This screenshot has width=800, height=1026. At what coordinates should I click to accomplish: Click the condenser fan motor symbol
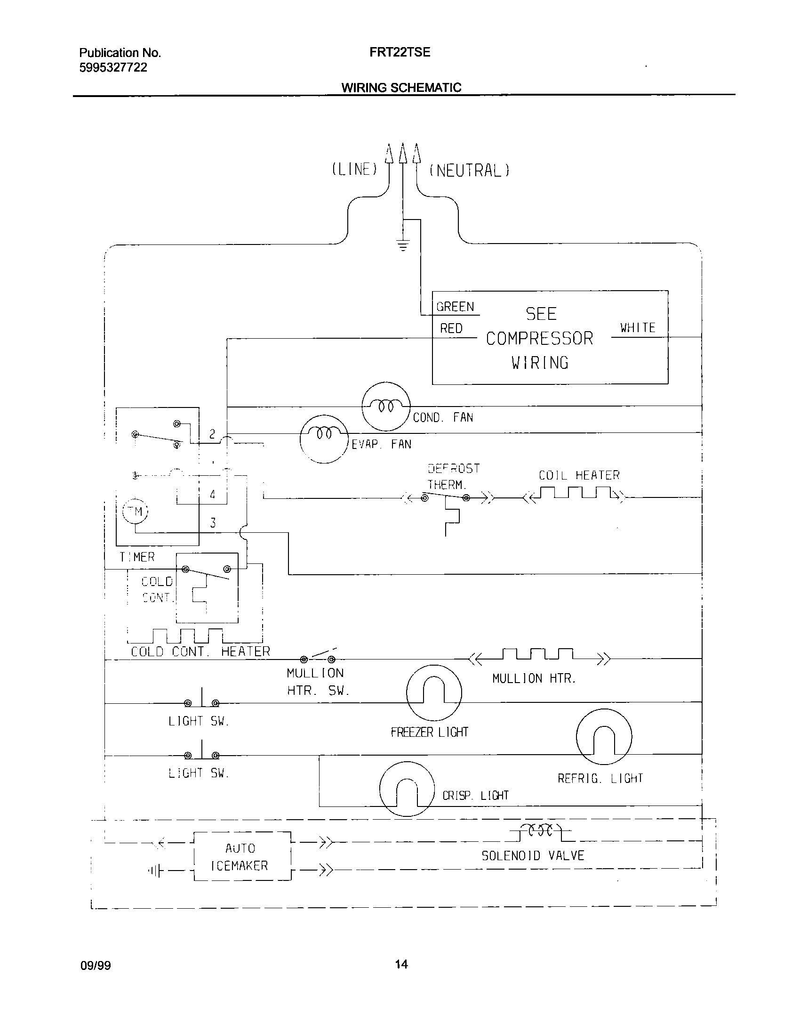pos(386,406)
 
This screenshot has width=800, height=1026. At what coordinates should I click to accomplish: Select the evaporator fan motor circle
pos(324,439)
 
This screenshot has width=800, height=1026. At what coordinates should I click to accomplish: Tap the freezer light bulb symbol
pos(434,693)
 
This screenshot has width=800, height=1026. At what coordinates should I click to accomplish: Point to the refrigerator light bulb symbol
pos(604,737)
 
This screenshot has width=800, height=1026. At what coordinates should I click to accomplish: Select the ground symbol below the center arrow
pos(403,245)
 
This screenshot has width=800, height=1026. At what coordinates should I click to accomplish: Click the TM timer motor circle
pos(135,512)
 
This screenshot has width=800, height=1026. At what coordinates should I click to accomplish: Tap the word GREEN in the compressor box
pos(455,307)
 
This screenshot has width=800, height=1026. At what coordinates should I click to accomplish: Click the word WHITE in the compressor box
pos(638,328)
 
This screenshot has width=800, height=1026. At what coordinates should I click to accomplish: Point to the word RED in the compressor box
pos(451,328)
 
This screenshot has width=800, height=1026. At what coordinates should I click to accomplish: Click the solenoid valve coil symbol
pos(541,831)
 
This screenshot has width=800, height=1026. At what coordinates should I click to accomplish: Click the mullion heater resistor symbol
pos(538,654)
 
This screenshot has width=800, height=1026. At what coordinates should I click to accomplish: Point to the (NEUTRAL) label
pos(469,170)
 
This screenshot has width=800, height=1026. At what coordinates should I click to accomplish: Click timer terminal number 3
pos(213,523)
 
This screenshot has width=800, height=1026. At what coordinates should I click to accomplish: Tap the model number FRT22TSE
pos(400,52)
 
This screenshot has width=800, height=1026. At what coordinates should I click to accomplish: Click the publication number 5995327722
pos(113,68)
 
